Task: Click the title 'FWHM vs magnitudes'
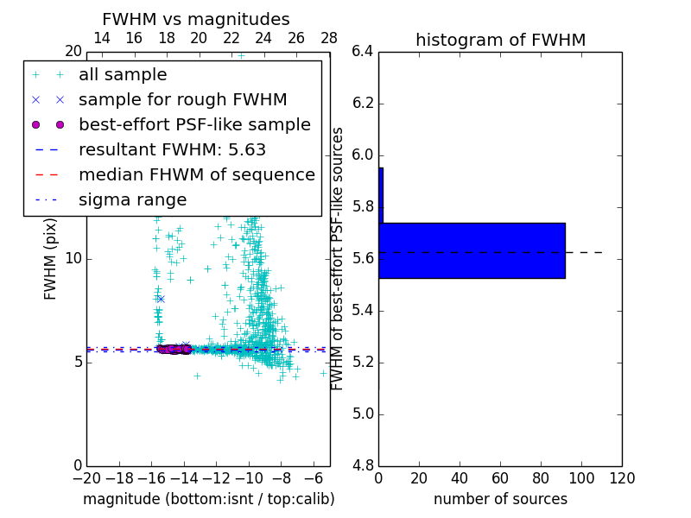click(x=196, y=20)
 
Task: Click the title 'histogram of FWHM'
click(x=500, y=41)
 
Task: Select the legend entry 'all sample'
click(x=123, y=75)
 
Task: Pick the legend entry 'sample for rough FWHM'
click(x=182, y=100)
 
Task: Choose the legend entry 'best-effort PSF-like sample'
click(x=194, y=125)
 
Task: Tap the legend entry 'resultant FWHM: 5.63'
click(x=172, y=150)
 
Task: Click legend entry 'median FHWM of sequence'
click(x=196, y=175)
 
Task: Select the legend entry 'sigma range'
click(x=132, y=200)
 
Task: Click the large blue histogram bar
click(x=472, y=250)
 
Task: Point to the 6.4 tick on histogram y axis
click(x=362, y=52)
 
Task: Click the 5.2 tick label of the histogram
click(x=362, y=362)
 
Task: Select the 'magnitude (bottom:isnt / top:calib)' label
click(x=208, y=500)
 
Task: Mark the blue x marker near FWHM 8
click(x=161, y=299)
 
